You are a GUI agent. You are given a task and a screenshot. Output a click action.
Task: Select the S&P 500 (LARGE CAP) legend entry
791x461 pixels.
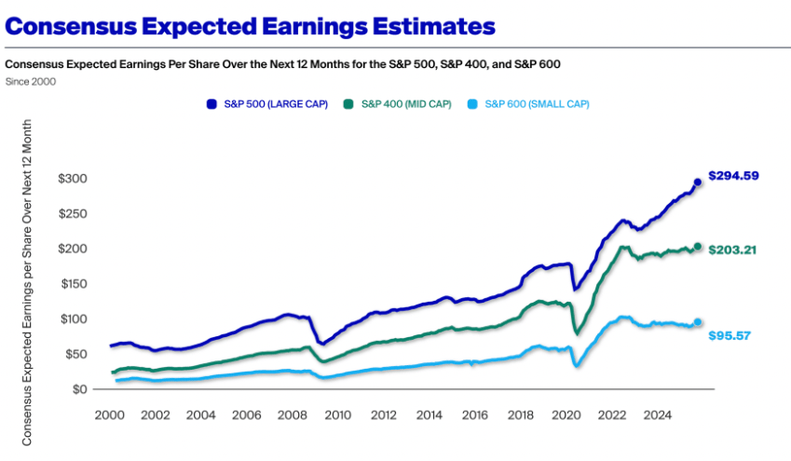click(268, 103)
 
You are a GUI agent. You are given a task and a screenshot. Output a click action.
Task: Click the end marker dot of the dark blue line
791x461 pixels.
click(698, 183)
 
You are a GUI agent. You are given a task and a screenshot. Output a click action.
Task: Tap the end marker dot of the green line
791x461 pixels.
click(698, 247)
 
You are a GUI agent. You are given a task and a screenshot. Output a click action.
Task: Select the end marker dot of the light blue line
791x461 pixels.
click(698, 322)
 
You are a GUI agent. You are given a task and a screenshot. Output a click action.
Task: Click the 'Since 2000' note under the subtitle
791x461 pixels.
click(30, 81)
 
